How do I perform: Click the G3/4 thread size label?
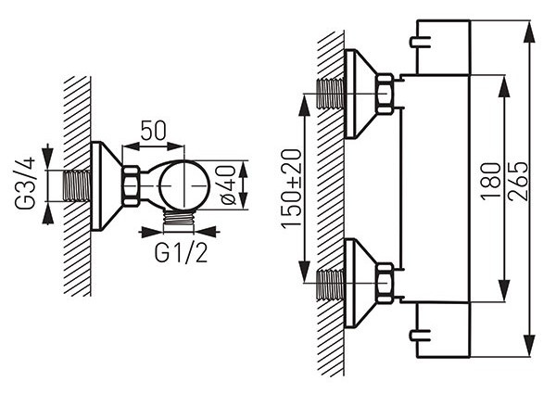coord(25,183)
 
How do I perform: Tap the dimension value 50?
coord(153,130)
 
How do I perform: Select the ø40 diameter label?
coord(228,185)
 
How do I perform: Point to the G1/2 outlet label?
coord(181,253)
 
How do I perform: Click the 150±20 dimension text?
coord(291,188)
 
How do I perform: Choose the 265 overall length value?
coord(518,182)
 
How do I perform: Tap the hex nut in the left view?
coord(131,185)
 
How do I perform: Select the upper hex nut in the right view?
coord(385,94)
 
